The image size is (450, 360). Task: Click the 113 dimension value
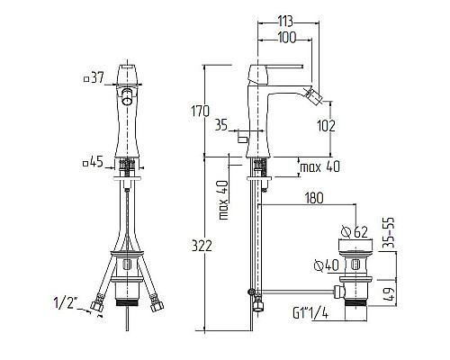click(285, 22)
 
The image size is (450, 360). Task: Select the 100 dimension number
click(287, 38)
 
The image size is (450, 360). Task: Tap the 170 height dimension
click(200, 112)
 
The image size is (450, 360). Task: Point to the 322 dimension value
click(202, 246)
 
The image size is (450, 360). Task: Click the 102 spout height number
click(326, 126)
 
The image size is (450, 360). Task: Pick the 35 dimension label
click(221, 125)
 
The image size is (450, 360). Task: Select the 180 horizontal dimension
click(314, 198)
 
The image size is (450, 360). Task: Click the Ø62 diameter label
click(355, 232)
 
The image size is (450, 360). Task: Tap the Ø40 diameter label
click(327, 265)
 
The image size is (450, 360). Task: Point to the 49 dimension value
click(389, 295)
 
